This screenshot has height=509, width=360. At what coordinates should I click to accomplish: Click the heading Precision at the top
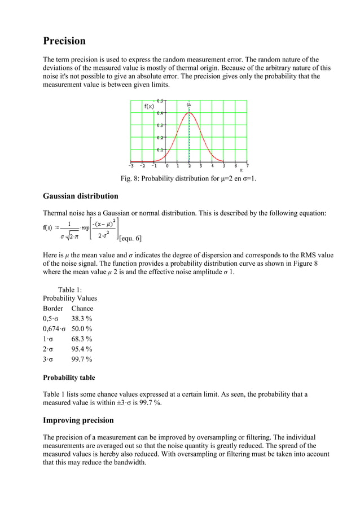pyautogui.click(x=64, y=41)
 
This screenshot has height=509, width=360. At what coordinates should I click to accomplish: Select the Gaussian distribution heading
pyautogui.click(x=81, y=196)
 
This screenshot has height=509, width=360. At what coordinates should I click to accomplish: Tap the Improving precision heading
pyautogui.click(x=78, y=420)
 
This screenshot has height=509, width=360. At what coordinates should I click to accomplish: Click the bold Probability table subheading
pyautogui.click(x=69, y=378)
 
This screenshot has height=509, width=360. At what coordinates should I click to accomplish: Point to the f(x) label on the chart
pyautogui.click(x=149, y=106)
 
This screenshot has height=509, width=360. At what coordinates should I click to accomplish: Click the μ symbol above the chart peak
pyautogui.click(x=189, y=104)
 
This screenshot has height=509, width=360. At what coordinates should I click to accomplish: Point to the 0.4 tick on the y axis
pyautogui.click(x=160, y=113)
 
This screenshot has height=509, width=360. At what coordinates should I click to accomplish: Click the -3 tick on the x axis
pyautogui.click(x=131, y=166)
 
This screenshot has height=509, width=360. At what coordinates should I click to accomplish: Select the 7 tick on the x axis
pyautogui.click(x=247, y=166)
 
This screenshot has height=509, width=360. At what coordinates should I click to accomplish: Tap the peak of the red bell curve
pyautogui.click(x=189, y=113)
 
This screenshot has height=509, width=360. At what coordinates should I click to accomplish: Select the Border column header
pyautogui.click(x=53, y=309)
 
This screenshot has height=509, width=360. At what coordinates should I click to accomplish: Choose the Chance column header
pyautogui.click(x=82, y=309)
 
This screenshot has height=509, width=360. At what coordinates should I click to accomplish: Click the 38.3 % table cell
pyautogui.click(x=82, y=319)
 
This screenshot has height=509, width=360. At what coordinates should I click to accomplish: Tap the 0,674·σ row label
pyautogui.click(x=54, y=329)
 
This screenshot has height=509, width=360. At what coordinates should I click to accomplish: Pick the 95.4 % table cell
pyautogui.click(x=82, y=349)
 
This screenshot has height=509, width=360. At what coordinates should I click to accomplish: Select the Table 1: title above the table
pyautogui.click(x=70, y=289)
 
